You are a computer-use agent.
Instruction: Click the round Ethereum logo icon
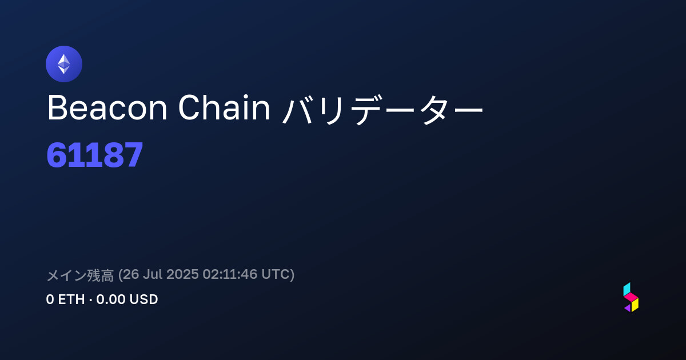(64, 64)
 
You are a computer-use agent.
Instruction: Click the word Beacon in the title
(107, 108)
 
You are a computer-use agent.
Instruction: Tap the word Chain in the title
(224, 107)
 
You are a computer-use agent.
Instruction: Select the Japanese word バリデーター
(382, 110)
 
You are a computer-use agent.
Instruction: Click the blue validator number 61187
(95, 155)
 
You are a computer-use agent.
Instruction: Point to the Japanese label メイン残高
(80, 275)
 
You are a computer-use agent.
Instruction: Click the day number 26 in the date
(131, 274)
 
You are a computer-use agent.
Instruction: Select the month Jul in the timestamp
(153, 274)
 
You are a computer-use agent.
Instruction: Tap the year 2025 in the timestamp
(182, 274)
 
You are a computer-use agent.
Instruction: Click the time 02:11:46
(230, 274)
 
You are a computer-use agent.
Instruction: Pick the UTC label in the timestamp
(276, 274)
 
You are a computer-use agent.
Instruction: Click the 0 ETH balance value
(65, 299)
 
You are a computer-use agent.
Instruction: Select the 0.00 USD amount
(127, 299)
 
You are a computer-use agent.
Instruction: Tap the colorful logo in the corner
(631, 297)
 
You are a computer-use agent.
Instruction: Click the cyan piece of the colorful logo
(627, 289)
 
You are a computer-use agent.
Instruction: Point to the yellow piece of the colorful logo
(635, 305)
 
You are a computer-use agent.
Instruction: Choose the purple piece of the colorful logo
(628, 308)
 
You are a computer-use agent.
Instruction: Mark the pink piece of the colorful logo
(631, 297)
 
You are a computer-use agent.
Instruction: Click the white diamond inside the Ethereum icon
(64, 64)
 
